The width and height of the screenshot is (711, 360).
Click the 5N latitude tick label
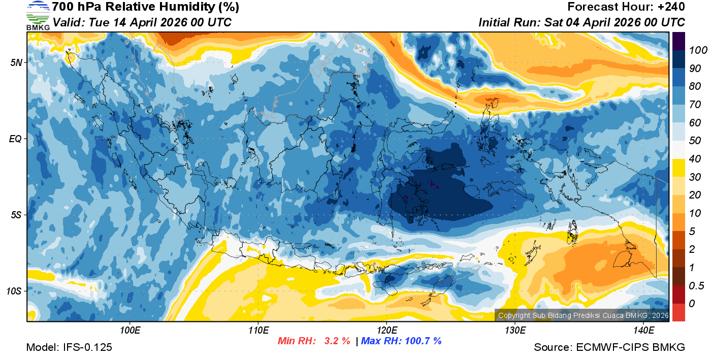[16, 62]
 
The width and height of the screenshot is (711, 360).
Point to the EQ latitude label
[16, 139]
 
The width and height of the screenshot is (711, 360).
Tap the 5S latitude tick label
[16, 215]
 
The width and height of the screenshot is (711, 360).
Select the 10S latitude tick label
[14, 291]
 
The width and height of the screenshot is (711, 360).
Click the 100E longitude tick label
[130, 331]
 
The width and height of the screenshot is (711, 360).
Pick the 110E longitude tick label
[258, 331]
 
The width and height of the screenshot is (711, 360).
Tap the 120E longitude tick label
[386, 331]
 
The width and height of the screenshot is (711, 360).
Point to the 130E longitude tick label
[515, 331]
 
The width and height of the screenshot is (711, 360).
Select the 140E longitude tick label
[643, 331]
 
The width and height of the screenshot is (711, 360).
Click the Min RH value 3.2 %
[337, 341]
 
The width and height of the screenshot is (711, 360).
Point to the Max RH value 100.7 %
[422, 341]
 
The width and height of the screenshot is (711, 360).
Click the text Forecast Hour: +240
[626, 7]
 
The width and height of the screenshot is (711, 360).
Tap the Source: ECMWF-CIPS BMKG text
[609, 347]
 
